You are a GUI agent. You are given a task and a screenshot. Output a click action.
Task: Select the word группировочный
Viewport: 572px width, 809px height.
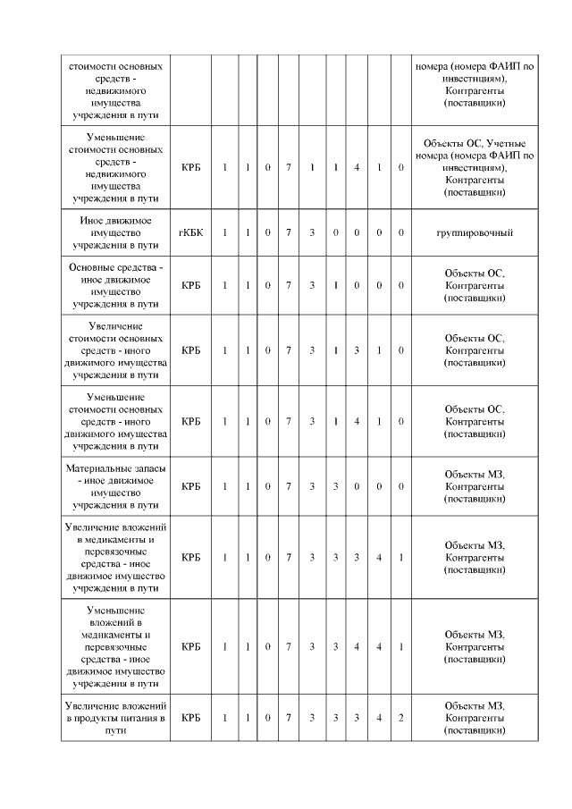point(474,232)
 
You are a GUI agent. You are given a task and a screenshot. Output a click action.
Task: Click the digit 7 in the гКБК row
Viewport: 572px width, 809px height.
point(289,232)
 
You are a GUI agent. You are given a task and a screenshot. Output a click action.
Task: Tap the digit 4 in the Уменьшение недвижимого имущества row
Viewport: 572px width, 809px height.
point(357,168)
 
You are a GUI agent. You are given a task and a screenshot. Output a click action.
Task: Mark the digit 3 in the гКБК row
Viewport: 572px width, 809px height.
point(312,232)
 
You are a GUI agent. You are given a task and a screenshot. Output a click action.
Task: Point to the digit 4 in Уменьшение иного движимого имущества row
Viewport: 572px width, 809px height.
point(357,421)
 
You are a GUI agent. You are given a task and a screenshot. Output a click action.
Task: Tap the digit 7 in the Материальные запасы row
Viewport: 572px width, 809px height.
point(289,486)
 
